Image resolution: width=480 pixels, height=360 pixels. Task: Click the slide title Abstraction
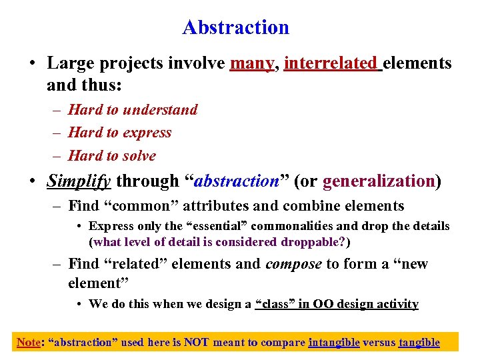235,27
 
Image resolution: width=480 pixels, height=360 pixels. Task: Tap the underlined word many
252,63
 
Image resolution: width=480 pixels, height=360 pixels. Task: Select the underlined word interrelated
330,63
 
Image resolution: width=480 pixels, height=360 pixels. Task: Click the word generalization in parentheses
378,181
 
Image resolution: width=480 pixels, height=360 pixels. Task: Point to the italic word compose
293,264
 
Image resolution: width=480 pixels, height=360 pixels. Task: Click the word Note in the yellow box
28,343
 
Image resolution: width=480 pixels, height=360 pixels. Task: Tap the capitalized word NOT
197,343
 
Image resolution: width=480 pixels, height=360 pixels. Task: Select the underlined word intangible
333,343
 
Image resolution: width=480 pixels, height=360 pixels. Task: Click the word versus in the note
379,343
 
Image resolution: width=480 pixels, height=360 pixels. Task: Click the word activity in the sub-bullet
397,304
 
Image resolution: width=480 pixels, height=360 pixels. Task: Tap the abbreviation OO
324,304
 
